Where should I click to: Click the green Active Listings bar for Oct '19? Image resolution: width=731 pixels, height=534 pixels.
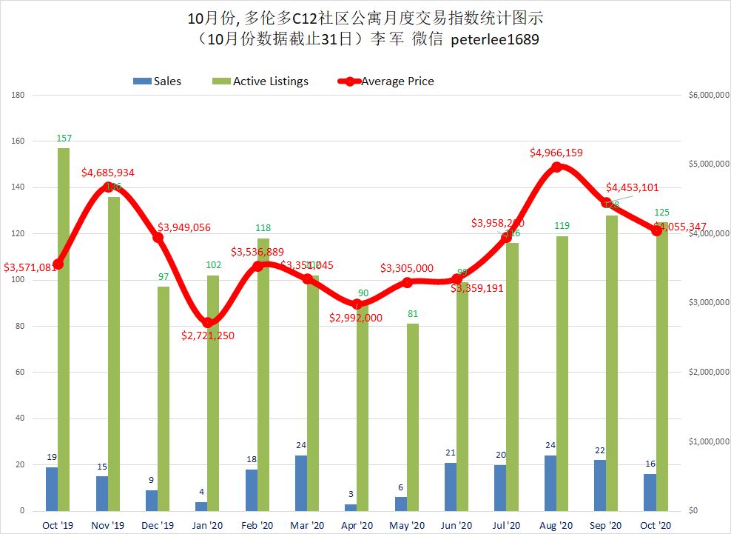[x=64, y=329]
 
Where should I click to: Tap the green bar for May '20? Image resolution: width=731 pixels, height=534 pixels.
[x=412, y=417]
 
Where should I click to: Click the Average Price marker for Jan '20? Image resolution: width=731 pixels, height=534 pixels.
[x=208, y=323]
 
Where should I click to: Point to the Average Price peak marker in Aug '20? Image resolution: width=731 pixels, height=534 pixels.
[x=556, y=167]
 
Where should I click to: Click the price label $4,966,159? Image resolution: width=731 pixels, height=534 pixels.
[x=556, y=153]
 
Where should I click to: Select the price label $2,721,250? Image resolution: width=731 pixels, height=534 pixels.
[x=214, y=336]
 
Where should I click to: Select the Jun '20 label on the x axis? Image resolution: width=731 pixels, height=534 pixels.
[x=457, y=524]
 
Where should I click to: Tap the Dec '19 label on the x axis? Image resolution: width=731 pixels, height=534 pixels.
[x=158, y=524]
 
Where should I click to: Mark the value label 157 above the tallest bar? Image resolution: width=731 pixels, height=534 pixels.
[x=64, y=138]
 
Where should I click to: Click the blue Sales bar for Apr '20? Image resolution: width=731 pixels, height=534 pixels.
[x=350, y=507]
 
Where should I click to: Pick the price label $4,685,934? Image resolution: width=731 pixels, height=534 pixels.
[x=108, y=173]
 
